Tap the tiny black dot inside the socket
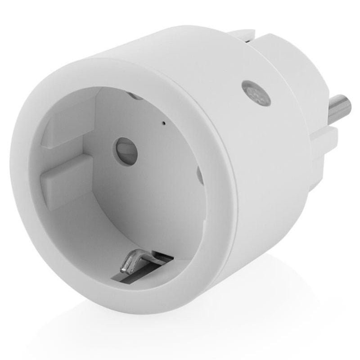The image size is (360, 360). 163,122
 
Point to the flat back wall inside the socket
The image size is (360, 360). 148,189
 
